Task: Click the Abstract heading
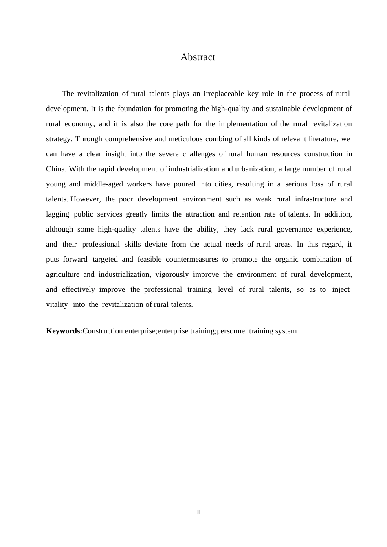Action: click(x=198, y=57)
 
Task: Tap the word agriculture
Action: click(x=63, y=275)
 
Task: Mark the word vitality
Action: click(x=57, y=305)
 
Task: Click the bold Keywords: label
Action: click(x=64, y=331)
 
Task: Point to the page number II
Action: click(x=198, y=512)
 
